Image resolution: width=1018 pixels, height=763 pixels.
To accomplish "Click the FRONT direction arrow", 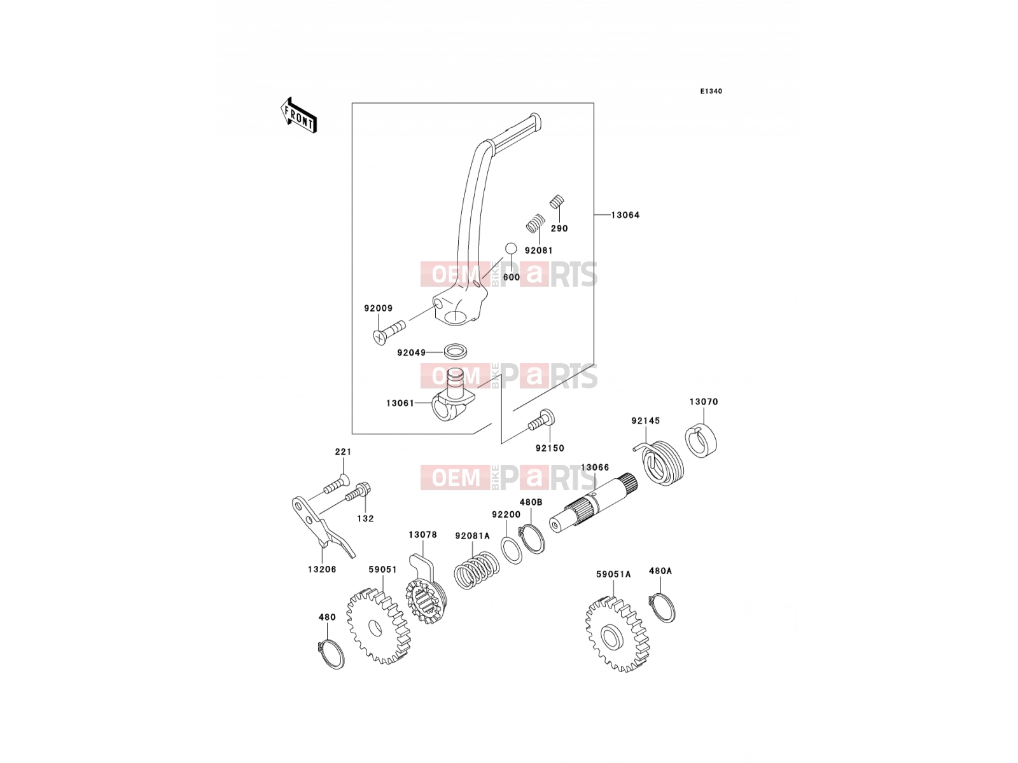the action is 298,116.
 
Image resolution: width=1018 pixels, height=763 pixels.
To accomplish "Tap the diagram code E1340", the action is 711,92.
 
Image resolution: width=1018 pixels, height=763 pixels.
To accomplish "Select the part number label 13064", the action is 625,215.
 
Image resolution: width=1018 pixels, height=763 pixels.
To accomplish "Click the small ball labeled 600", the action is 511,249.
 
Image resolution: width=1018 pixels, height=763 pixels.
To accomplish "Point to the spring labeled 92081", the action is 535,223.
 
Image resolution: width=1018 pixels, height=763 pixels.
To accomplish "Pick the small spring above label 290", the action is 557,202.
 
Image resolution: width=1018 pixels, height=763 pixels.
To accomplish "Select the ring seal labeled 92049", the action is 456,351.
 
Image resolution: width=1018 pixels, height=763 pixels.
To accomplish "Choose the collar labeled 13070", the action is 701,440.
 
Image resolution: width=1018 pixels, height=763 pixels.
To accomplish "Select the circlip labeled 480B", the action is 531,539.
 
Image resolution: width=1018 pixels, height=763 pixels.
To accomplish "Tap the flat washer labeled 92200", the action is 512,550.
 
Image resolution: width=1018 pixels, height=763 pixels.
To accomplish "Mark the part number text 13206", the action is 322,569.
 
